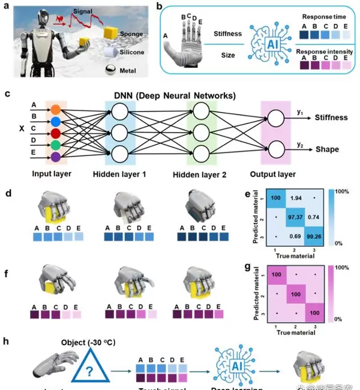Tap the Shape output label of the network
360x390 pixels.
(326, 149)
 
